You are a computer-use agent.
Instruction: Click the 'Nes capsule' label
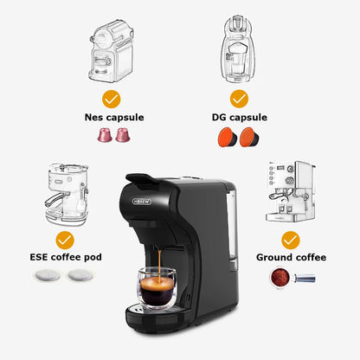tap(114, 116)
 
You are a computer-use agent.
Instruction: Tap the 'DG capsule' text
tap(239, 116)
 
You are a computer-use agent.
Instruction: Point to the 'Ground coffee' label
tap(291, 257)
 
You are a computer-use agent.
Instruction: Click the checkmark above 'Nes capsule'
tap(111, 98)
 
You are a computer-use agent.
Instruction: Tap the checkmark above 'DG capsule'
tap(239, 98)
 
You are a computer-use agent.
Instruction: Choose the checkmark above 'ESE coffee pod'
tap(65, 239)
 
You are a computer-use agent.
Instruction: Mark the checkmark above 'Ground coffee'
tap(291, 239)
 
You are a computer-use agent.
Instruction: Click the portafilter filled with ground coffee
tap(283, 276)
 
